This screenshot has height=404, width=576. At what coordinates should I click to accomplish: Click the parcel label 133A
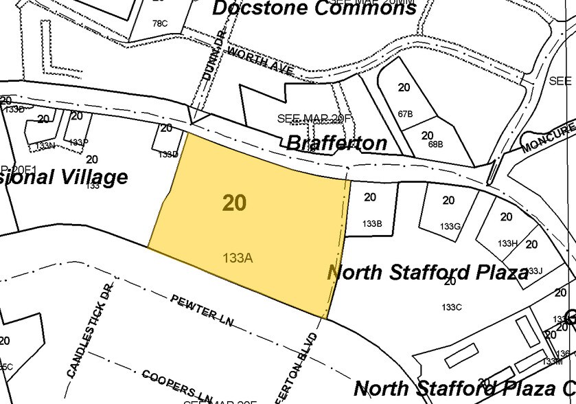(x=238, y=258)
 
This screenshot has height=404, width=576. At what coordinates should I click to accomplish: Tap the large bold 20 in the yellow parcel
(x=234, y=202)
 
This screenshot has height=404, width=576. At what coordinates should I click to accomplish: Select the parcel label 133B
(x=371, y=223)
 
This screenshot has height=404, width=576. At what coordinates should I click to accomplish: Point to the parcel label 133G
(x=450, y=226)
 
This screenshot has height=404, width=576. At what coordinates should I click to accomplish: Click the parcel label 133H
(x=507, y=243)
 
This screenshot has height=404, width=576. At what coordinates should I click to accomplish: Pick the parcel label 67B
(x=405, y=113)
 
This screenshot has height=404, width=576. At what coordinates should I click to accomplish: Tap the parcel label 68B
(x=435, y=144)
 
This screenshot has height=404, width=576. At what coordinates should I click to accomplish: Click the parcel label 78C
(x=160, y=23)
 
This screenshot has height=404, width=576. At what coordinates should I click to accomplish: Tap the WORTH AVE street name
(x=260, y=61)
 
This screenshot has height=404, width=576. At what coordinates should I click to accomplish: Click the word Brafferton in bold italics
(x=336, y=143)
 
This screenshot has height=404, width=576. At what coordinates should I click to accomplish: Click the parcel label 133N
(x=45, y=145)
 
